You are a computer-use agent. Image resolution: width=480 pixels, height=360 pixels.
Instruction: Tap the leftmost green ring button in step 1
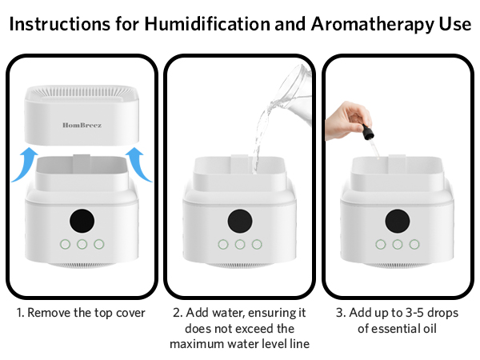click(x=62, y=244)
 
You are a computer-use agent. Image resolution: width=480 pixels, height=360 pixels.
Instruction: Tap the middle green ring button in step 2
click(x=239, y=244)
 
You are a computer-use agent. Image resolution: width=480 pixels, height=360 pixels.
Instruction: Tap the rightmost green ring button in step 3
click(x=414, y=244)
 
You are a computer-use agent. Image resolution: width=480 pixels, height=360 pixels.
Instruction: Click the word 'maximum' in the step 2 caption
click(x=196, y=343)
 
